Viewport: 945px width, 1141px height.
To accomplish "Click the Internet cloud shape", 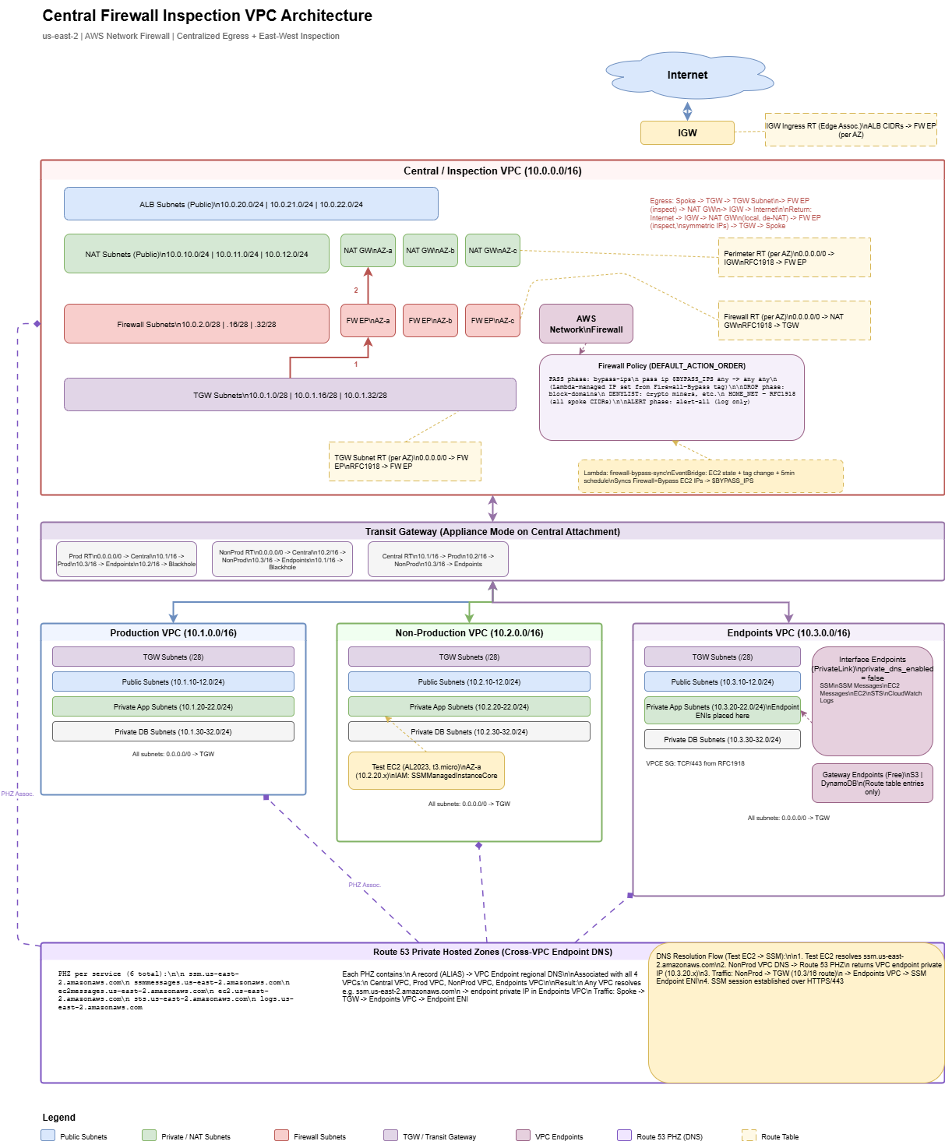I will click(687, 76).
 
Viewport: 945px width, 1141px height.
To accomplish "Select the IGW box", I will click(687, 133).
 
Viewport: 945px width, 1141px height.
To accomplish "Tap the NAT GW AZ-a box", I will click(368, 251).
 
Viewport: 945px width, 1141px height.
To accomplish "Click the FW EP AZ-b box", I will click(430, 321).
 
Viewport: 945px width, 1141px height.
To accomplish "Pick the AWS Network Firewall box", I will click(586, 324).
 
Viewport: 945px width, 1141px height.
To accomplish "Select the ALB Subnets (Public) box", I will click(251, 204).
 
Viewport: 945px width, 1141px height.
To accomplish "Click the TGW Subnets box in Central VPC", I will click(290, 395).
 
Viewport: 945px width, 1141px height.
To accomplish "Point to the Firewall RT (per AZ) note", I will click(794, 321).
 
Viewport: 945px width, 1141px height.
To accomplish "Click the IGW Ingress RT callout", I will click(851, 130).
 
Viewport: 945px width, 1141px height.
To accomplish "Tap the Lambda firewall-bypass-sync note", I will click(711, 477).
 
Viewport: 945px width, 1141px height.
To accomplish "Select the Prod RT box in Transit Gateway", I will click(126, 560).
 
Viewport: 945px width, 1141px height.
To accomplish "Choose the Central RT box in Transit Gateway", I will click(438, 560).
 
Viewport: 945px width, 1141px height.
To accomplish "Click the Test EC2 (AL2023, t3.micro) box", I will click(426, 771).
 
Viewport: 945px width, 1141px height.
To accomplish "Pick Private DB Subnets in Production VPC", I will click(173, 732).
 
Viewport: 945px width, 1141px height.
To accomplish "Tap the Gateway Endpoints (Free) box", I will click(872, 784).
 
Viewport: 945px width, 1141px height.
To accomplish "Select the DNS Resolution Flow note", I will click(796, 1012).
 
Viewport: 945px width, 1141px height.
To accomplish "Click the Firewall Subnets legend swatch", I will click(282, 1136).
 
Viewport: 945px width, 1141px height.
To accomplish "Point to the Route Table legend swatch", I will click(749, 1136).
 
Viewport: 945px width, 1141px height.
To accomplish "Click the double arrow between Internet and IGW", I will click(687, 111).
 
